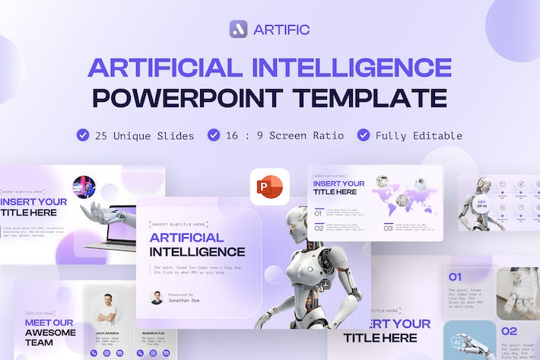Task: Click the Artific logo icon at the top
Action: [238, 29]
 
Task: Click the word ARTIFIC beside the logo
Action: [283, 30]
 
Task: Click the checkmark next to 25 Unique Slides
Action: [82, 135]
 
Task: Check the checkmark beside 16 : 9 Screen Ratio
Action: [213, 135]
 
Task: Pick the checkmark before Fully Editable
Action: [364, 135]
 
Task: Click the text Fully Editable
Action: [418, 135]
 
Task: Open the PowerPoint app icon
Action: [270, 186]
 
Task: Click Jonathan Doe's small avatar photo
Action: [157, 298]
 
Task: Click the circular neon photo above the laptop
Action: [84, 187]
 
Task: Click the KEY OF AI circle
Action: [481, 205]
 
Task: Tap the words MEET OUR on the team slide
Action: [49, 322]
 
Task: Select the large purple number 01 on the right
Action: [455, 277]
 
